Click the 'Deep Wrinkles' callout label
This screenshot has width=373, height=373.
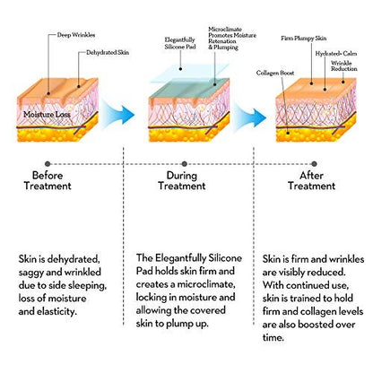tap(76, 35)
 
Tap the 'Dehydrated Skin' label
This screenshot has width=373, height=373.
tap(108, 53)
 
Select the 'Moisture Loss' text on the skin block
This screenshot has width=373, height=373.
tap(47, 115)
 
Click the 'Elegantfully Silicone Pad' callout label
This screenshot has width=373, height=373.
tap(180, 43)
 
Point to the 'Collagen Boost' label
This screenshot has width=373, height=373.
tap(275, 73)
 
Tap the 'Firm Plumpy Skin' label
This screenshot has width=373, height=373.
tap(304, 39)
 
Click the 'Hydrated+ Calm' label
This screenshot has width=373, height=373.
tap(336, 54)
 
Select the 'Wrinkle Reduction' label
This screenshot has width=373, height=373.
tap(344, 65)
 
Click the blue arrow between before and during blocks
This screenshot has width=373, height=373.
tap(118, 115)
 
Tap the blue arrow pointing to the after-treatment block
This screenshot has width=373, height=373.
tap(250, 117)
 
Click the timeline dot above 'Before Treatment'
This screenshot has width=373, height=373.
tap(48, 164)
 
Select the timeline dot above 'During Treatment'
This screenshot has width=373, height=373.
tap(185, 164)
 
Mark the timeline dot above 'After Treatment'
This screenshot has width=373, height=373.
tap(314, 164)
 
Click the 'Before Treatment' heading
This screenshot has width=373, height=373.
tap(48, 180)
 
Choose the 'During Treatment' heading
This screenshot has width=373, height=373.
tap(182, 180)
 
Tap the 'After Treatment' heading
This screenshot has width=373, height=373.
tap(311, 180)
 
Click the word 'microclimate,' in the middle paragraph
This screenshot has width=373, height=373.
tap(204, 284)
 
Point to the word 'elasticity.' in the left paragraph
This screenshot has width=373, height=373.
tap(57, 312)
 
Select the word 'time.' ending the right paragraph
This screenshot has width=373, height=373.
tap(273, 338)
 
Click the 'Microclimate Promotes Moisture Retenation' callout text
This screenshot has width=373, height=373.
tap(232, 35)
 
